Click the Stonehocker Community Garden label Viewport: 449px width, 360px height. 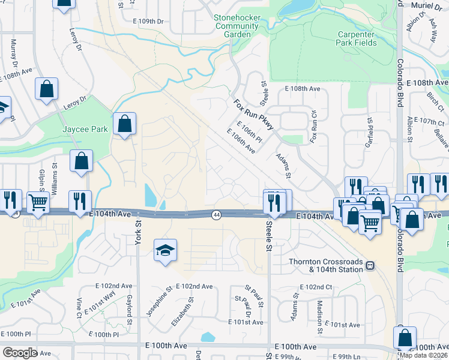pos(237,26)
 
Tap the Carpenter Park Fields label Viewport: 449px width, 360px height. pos(357,38)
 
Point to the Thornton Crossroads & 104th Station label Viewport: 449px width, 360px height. pos(326,265)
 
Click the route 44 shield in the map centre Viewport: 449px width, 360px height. pos(215,214)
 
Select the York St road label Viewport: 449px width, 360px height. pos(137,230)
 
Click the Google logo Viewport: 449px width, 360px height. pos(19,352)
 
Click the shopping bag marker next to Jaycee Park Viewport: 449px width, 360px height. pos(124,125)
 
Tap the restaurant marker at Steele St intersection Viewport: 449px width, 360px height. pos(274,203)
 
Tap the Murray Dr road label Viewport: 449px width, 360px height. pos(14,53)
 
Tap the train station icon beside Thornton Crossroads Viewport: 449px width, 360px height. pos(370,265)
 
